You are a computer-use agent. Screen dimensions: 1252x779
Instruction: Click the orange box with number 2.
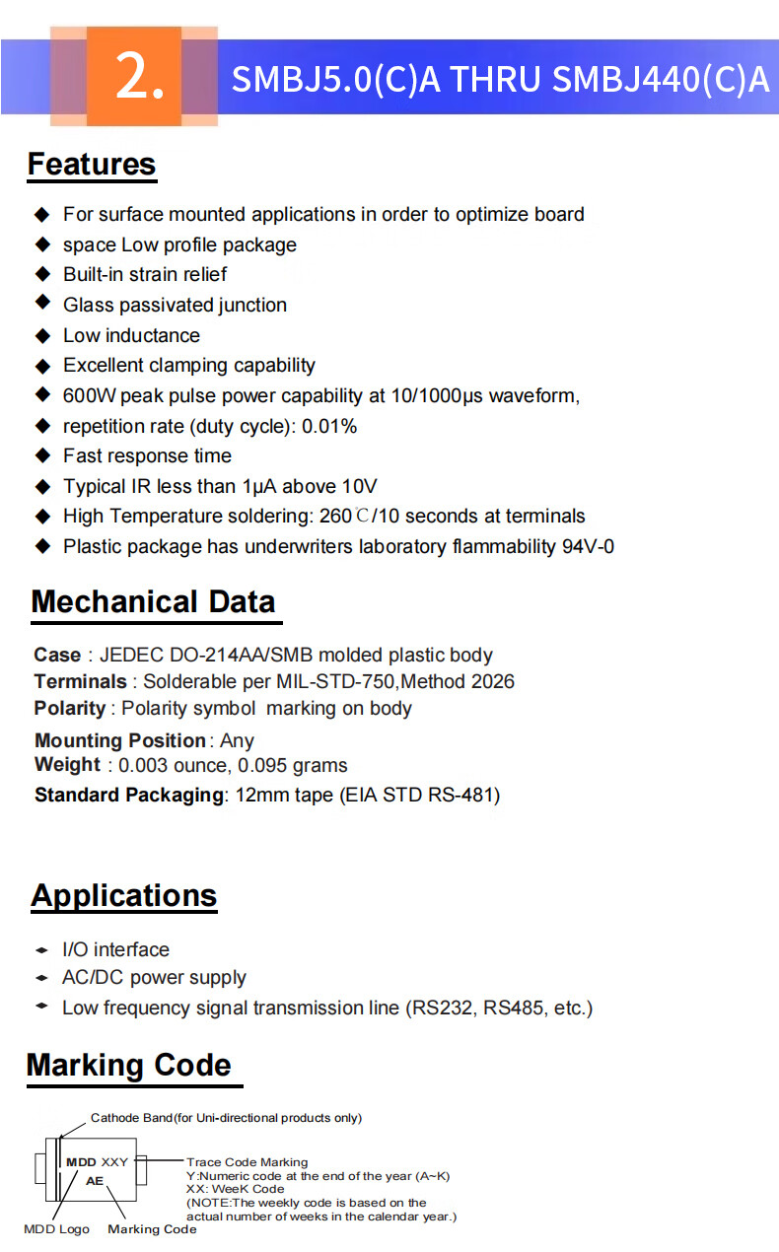[135, 77]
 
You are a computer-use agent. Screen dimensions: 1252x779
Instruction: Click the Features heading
[92, 165]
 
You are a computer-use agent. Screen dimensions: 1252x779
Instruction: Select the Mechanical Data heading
[153, 602]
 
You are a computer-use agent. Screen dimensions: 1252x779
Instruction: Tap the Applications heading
[123, 896]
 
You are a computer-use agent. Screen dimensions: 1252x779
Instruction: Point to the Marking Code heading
[128, 1066]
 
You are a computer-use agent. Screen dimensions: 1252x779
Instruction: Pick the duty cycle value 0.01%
[329, 427]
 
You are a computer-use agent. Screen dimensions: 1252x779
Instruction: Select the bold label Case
[57, 656]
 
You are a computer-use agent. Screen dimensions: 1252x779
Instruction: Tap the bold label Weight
[67, 765]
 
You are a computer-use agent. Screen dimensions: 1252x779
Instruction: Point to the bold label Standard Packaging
[129, 796]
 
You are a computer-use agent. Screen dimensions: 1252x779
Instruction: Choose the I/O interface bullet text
[115, 950]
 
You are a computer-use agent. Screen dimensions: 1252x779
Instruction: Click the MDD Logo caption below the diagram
[56, 1229]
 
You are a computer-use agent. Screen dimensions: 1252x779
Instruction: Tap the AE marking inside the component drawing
[95, 1180]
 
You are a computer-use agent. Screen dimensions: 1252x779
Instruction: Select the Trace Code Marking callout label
[247, 1162]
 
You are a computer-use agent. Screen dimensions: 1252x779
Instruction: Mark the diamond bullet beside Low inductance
[42, 336]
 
